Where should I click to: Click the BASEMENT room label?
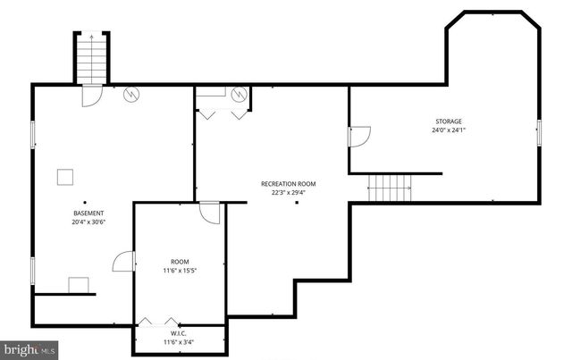[88, 213]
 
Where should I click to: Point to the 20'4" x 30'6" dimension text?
[88, 222]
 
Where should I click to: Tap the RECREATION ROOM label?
[288, 184]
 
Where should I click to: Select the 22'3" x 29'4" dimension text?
[288, 192]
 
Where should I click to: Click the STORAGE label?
[449, 121]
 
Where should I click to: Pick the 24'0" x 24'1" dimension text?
[449, 130]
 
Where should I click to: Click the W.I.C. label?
[181, 334]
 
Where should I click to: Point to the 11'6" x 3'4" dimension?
[181, 342]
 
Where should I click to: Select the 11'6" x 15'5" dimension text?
[181, 271]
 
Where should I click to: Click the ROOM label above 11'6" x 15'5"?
[181, 262]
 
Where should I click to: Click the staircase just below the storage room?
[390, 188]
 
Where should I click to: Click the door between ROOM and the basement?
[124, 261]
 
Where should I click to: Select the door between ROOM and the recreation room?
[211, 214]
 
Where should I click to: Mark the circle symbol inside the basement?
[131, 92]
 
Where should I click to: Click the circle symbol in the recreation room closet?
[239, 93]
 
